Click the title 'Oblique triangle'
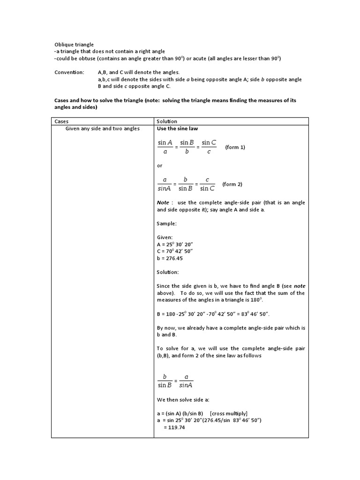(68, 44)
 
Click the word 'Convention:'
(68, 73)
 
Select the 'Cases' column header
(61, 121)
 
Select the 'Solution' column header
(167, 121)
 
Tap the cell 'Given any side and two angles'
(102, 128)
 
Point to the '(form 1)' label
(235, 147)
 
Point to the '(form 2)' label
(232, 184)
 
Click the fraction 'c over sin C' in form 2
(207, 184)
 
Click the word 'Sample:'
(166, 224)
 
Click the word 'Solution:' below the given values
(168, 272)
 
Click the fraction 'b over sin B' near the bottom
(165, 381)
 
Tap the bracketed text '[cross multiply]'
(229, 413)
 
